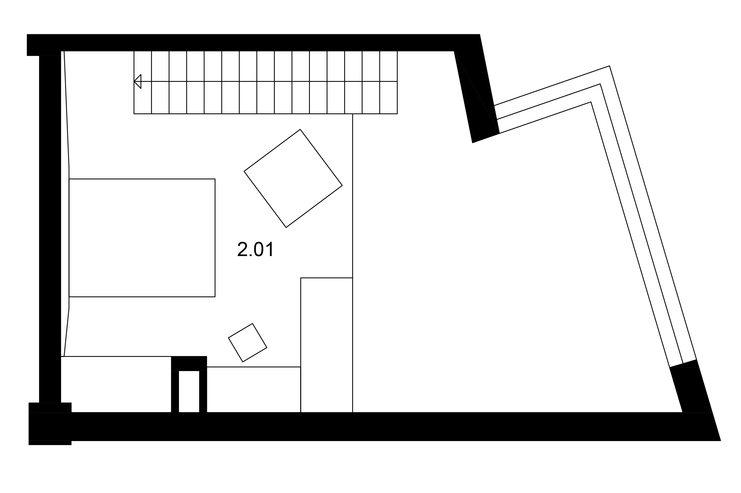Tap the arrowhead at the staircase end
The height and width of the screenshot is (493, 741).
(137, 81)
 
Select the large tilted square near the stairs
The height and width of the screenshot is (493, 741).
(293, 178)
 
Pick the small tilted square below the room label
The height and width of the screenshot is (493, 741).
(247, 342)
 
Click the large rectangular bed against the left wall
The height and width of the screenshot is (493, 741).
(142, 238)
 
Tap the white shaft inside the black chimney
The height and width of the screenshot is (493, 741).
(189, 391)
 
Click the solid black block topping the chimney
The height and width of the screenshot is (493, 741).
(189, 363)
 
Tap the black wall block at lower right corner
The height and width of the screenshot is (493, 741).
(691, 390)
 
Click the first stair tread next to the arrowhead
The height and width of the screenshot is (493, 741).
(143, 82)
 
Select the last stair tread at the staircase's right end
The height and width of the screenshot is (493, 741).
(388, 82)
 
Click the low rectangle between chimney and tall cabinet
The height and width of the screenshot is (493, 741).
(254, 390)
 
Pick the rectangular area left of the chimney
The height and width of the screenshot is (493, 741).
(116, 384)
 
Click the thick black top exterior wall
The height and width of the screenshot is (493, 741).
(253, 43)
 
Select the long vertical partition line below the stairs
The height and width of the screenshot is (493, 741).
(352, 263)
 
